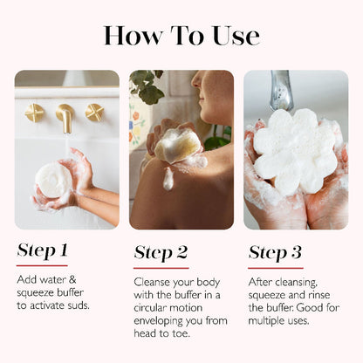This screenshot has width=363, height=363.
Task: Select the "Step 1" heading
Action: coord(42,251)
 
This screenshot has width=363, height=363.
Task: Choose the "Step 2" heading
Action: coord(161,253)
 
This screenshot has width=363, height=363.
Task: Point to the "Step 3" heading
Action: coord(275,253)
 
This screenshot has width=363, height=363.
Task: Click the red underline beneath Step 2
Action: coord(161,267)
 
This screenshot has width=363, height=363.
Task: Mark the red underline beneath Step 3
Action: coord(275,267)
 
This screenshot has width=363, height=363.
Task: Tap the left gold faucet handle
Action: coord(34,113)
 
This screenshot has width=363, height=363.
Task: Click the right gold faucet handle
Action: coord(94,112)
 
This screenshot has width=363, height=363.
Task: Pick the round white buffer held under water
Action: coord(53,180)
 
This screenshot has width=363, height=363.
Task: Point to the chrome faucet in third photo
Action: coord(281,91)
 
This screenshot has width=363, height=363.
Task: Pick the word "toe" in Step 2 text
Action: coord(187,332)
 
